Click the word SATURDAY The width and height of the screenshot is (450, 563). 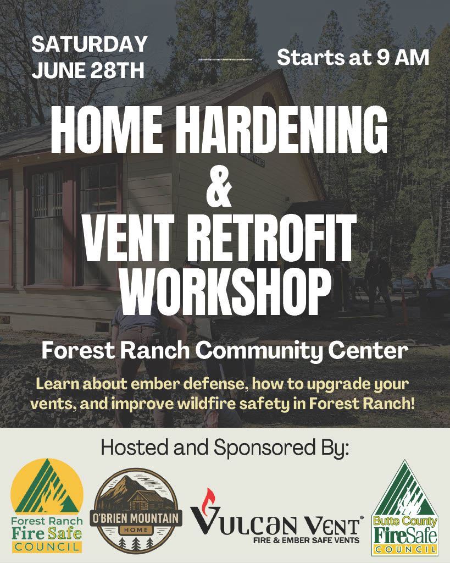point(90,44)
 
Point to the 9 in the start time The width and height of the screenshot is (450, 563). point(382,57)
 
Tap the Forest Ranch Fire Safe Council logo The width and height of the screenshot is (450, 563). point(47,506)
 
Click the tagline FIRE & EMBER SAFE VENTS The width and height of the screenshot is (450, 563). point(306,540)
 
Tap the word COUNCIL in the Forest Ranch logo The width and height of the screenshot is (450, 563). point(47,547)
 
